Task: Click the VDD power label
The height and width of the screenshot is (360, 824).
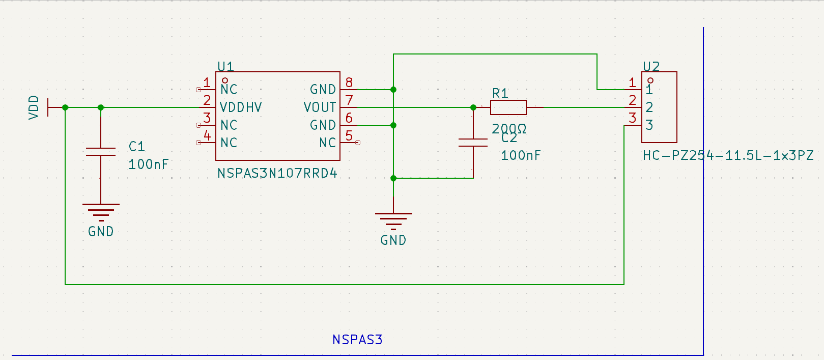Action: (34, 107)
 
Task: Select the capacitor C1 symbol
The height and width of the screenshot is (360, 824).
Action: (101, 151)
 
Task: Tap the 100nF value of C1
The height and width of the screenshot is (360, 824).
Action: (148, 164)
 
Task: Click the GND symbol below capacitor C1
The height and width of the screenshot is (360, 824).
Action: (101, 211)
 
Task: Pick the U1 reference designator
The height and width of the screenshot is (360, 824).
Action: (225, 67)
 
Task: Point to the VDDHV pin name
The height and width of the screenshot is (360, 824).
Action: (241, 107)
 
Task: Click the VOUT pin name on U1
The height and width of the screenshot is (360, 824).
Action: (320, 107)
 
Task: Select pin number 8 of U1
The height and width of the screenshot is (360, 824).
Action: (349, 82)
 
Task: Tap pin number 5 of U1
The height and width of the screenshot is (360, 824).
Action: (349, 136)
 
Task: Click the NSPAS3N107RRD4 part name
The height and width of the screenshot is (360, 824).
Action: (277, 174)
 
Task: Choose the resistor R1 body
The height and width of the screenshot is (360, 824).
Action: (508, 107)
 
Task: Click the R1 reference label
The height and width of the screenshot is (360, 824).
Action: (500, 93)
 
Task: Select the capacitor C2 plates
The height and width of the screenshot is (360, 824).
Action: (473, 143)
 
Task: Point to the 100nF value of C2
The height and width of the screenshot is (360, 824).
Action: (521, 155)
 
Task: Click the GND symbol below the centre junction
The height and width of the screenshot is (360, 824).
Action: (393, 220)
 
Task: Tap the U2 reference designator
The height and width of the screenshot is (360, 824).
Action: (651, 67)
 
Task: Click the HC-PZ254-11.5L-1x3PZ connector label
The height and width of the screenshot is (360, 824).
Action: (728, 155)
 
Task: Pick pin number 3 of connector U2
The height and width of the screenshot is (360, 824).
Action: (632, 118)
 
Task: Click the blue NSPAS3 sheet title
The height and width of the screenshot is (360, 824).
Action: (357, 340)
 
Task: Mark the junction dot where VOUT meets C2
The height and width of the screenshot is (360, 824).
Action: (473, 107)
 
